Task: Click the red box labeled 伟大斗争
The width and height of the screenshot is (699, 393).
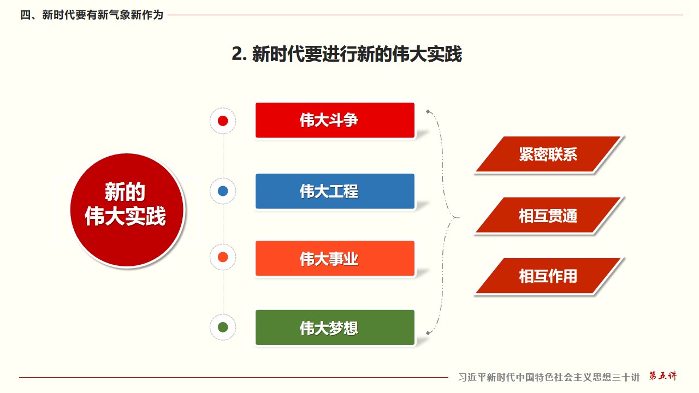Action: coord(335,120)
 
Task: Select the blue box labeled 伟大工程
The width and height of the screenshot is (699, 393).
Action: coord(335,191)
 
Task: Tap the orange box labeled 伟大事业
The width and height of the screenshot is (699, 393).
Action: coord(335,258)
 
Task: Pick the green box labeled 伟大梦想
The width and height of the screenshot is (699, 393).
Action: coord(335,327)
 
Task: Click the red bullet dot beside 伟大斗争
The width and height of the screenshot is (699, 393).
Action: coord(223,121)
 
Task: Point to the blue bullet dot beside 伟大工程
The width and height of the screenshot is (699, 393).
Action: coord(223,191)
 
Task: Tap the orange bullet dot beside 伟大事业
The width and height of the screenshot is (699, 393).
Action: coord(223,257)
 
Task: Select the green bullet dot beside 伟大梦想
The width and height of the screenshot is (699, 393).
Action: coord(223,327)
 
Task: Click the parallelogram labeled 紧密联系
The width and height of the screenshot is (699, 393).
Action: coord(548,154)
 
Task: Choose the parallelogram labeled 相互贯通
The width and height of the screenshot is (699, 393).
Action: coord(548,215)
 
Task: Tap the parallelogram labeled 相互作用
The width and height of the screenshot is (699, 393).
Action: coord(548,276)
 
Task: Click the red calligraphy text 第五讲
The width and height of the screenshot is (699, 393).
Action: coord(663,376)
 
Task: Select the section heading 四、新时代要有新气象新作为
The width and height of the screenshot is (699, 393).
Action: coord(91,15)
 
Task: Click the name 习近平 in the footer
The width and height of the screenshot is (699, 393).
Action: coord(472,377)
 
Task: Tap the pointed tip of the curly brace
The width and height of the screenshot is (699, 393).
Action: coord(458,217)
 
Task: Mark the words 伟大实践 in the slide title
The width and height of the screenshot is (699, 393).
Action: coord(426,54)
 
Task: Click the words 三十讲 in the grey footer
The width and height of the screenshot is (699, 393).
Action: coord(626,377)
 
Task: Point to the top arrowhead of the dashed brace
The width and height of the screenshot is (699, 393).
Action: coord(428,111)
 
